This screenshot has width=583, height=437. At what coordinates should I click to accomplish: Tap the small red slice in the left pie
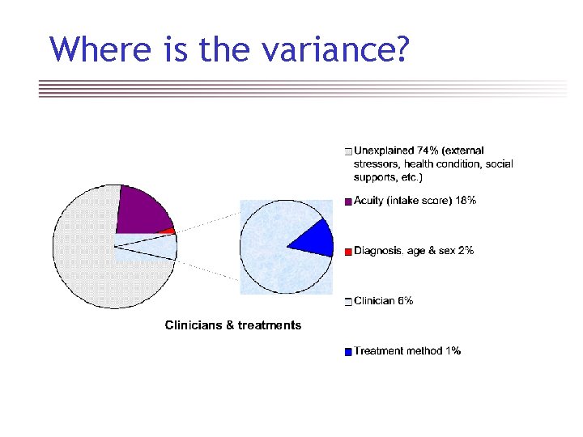pos(168,231)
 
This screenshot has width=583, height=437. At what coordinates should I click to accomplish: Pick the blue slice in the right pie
pos(314,239)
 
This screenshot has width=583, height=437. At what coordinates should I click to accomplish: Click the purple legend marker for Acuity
pos(347,202)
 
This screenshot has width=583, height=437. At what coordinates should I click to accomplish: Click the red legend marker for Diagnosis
pos(347,252)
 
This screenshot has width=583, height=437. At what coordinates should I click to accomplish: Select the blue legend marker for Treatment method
pos(347,352)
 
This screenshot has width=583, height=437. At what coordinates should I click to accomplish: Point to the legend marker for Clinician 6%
pos(347,302)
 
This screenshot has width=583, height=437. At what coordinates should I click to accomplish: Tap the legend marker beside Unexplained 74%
pos(347,151)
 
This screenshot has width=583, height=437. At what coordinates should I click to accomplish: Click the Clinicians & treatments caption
pos(233,325)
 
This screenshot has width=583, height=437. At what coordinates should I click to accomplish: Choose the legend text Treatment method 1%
pos(407,351)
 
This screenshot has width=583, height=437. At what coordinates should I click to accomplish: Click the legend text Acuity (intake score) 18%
pos(415,201)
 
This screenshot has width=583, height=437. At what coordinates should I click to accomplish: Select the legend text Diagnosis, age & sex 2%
pos(414,251)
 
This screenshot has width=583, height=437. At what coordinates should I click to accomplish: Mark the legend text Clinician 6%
pos(384,301)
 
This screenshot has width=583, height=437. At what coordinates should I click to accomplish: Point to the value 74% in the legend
pos(428,151)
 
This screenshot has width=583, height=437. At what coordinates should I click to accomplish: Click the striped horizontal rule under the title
pos(303,88)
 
